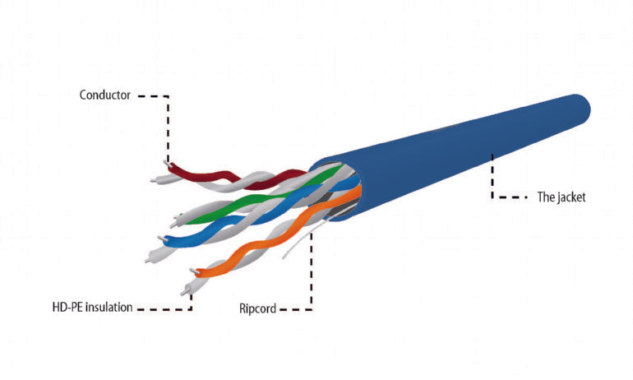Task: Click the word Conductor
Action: (x=104, y=95)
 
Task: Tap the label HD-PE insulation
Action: (x=86, y=308)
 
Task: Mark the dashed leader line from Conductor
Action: (x=168, y=123)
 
